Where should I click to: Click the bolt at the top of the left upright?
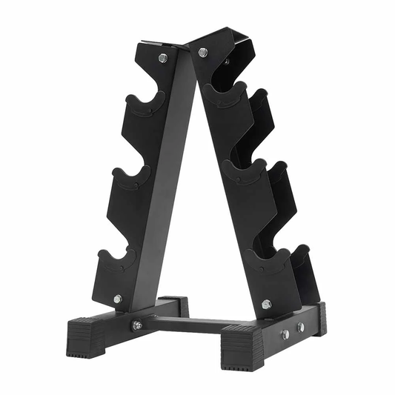tap(163, 58)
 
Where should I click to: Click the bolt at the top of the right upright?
tap(202, 53)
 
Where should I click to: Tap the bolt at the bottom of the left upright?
tap(118, 299)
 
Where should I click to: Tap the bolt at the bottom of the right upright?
tap(266, 304)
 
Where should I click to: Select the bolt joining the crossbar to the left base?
tap(137, 325)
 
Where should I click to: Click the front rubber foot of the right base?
tap(245, 348)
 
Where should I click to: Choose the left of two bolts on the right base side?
tap(285, 334)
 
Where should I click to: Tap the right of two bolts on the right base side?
tap(301, 327)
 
